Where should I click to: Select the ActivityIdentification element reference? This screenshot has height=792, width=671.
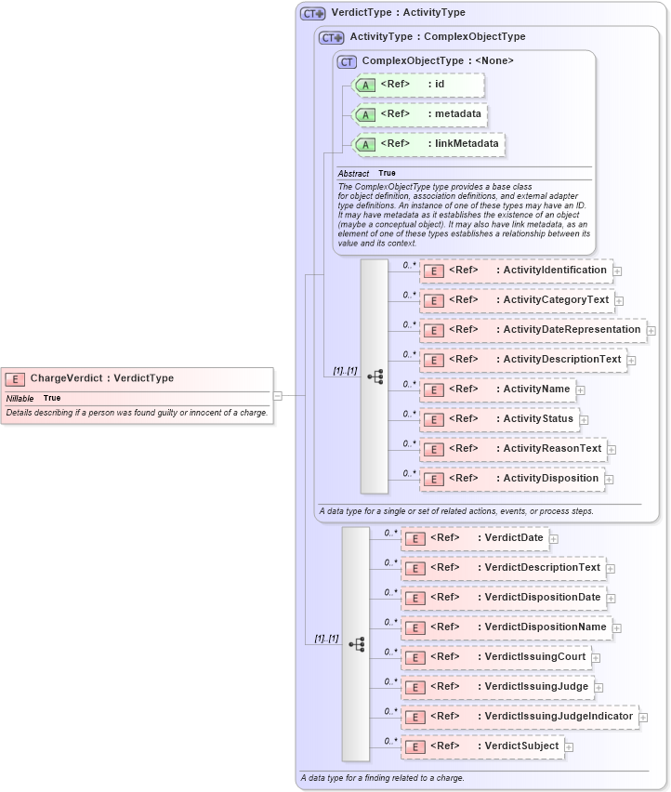(x=516, y=271)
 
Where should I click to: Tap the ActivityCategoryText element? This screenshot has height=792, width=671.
(x=517, y=300)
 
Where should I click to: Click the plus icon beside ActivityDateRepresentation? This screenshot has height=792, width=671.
(x=651, y=330)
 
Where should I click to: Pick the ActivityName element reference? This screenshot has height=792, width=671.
(x=497, y=389)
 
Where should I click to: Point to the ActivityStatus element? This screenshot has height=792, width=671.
(x=499, y=419)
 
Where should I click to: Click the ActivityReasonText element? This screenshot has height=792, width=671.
(x=513, y=449)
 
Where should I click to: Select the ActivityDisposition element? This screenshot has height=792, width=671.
(x=511, y=479)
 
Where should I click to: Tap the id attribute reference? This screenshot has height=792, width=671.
(x=418, y=85)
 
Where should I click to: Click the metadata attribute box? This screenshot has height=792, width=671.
(x=421, y=114)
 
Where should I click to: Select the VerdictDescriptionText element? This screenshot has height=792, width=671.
(x=503, y=568)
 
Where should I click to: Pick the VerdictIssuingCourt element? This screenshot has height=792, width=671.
(x=495, y=657)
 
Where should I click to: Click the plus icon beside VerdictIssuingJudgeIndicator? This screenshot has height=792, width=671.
(x=643, y=717)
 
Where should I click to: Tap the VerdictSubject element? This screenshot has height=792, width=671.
(x=482, y=746)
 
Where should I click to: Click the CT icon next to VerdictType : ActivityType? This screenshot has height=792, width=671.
(x=313, y=14)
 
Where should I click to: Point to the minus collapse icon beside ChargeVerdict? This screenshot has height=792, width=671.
(x=277, y=395)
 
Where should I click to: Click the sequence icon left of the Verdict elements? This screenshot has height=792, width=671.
(x=356, y=643)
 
